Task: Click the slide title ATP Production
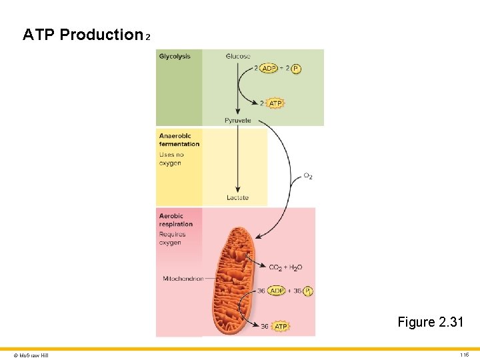83,35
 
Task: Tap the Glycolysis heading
175,57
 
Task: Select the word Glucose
238,57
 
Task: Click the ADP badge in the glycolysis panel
269,68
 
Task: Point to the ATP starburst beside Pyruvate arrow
275,103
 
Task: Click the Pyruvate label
238,120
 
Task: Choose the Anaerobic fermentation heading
179,140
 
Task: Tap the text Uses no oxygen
171,159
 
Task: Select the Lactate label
237,197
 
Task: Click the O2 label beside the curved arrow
308,176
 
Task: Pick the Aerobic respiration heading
176,220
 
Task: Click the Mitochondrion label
183,279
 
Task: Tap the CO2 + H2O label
285,267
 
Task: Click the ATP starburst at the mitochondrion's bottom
281,327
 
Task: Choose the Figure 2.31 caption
431,322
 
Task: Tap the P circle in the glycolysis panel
296,68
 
